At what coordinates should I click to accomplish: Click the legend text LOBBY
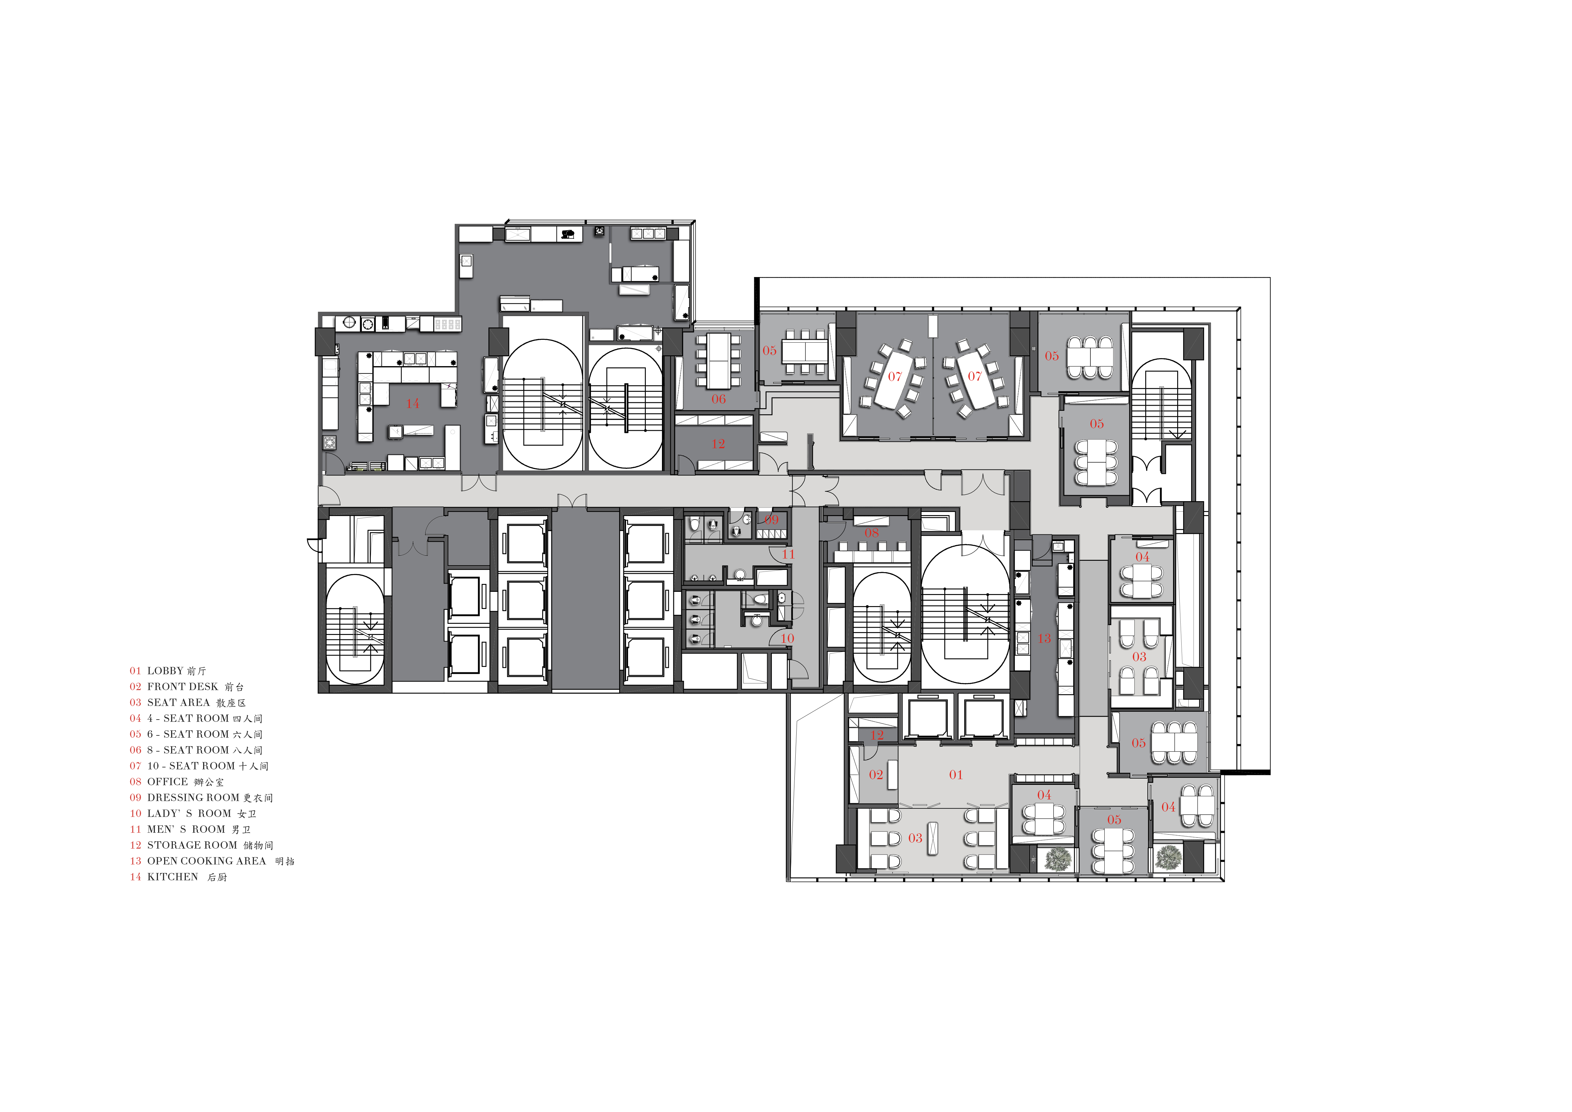point(165,671)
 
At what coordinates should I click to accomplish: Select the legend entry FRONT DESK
point(182,687)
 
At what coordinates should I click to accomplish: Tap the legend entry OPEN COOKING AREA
point(206,861)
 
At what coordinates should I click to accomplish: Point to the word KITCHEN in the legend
point(172,877)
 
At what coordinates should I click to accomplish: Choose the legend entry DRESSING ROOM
point(193,798)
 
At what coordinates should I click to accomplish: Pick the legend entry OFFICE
point(167,782)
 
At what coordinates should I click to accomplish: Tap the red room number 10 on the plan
point(787,638)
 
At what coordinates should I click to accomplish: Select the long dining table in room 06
point(718,360)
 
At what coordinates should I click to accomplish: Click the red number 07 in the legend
point(136,766)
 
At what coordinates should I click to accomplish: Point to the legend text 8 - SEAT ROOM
point(188,750)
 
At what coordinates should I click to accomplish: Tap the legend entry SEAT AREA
point(178,702)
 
